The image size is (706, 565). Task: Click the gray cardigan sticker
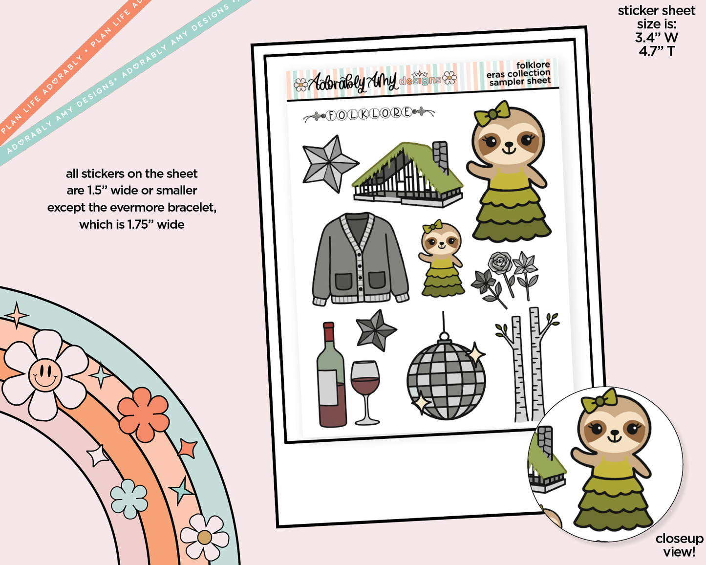(x=361, y=259)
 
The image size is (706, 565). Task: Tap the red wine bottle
(x=331, y=376)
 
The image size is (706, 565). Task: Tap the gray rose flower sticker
(x=500, y=264)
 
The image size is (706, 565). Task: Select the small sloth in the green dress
(x=441, y=259)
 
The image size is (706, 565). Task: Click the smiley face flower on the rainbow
(x=45, y=375)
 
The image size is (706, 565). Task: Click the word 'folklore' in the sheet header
(x=533, y=65)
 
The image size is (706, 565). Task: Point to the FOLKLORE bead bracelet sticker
(x=369, y=114)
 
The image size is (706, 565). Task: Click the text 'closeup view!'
(x=679, y=545)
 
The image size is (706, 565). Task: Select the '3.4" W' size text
(x=657, y=37)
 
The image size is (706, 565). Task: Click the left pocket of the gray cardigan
(x=343, y=282)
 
